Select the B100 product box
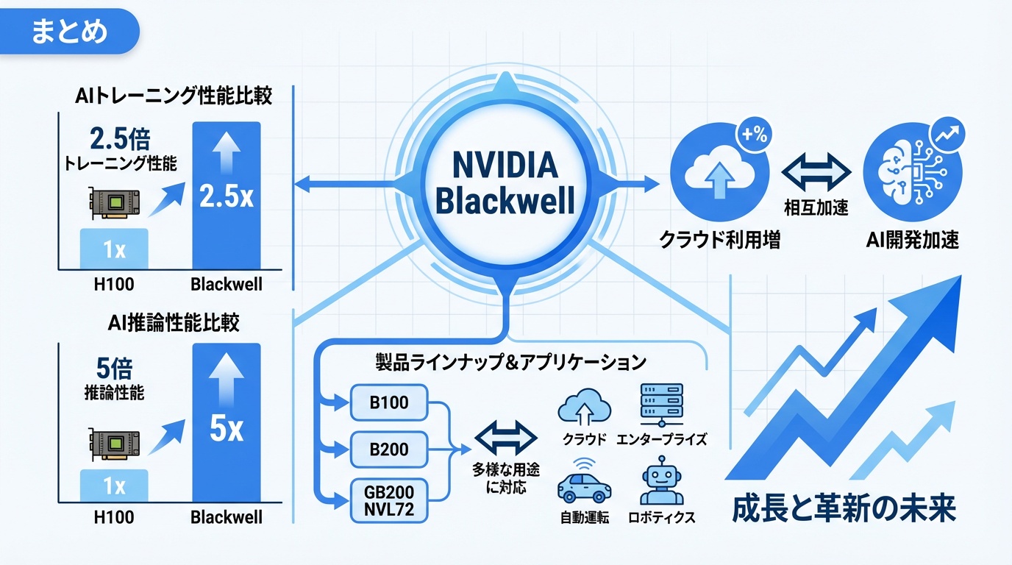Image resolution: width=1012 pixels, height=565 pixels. point(389,403)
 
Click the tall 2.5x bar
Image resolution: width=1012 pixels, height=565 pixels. point(226,195)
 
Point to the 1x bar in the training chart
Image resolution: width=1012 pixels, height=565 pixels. point(114,249)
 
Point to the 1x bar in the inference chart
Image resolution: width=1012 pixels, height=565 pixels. point(114,486)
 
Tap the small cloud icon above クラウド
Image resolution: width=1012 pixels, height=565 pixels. point(585,408)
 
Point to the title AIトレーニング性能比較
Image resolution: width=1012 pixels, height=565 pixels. point(174,96)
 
